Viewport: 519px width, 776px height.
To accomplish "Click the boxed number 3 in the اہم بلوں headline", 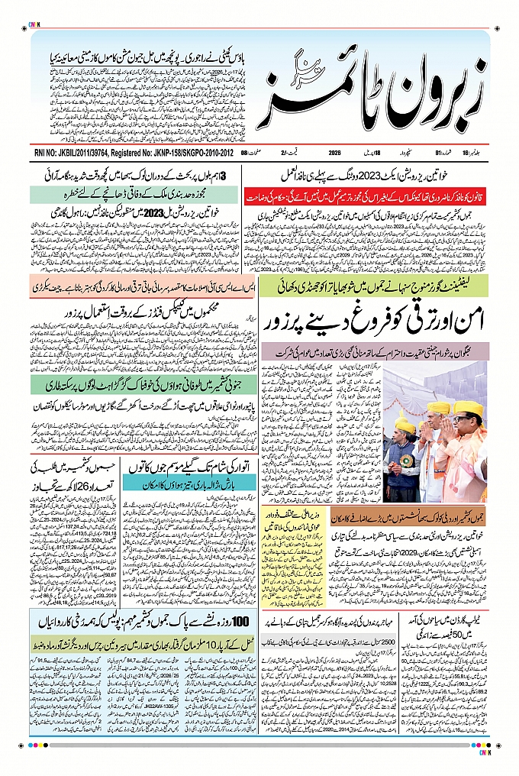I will point(224,176).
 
